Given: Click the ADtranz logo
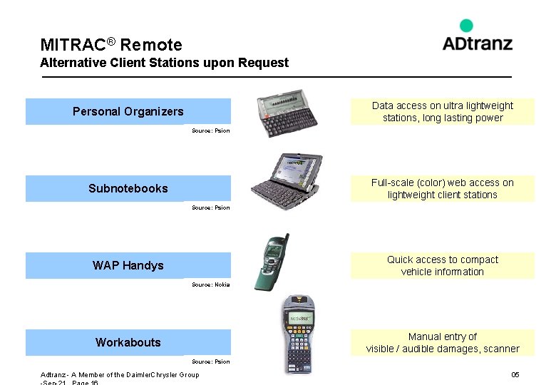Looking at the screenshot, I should tap(477, 37).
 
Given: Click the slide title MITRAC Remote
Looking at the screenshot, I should tap(111, 45).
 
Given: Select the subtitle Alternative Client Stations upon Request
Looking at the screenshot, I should tap(165, 63).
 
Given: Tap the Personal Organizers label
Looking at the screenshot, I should tap(128, 111).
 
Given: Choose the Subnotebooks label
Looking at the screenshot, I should tap(128, 188).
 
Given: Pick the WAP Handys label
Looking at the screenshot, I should tap(128, 265).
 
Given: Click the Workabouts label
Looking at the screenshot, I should tap(128, 342).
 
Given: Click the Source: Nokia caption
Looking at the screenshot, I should tap(211, 284).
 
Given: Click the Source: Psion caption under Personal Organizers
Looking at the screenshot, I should tap(211, 130).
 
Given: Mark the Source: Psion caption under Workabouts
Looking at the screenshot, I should tap(211, 361).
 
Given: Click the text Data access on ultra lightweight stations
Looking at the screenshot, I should tap(442, 111).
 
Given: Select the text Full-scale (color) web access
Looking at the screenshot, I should tap(442, 188).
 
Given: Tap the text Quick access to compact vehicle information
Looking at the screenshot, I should tap(442, 265).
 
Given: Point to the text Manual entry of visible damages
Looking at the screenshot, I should tap(442, 342).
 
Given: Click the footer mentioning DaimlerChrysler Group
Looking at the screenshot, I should tap(120, 375).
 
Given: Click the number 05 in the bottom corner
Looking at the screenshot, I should tap(515, 375).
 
